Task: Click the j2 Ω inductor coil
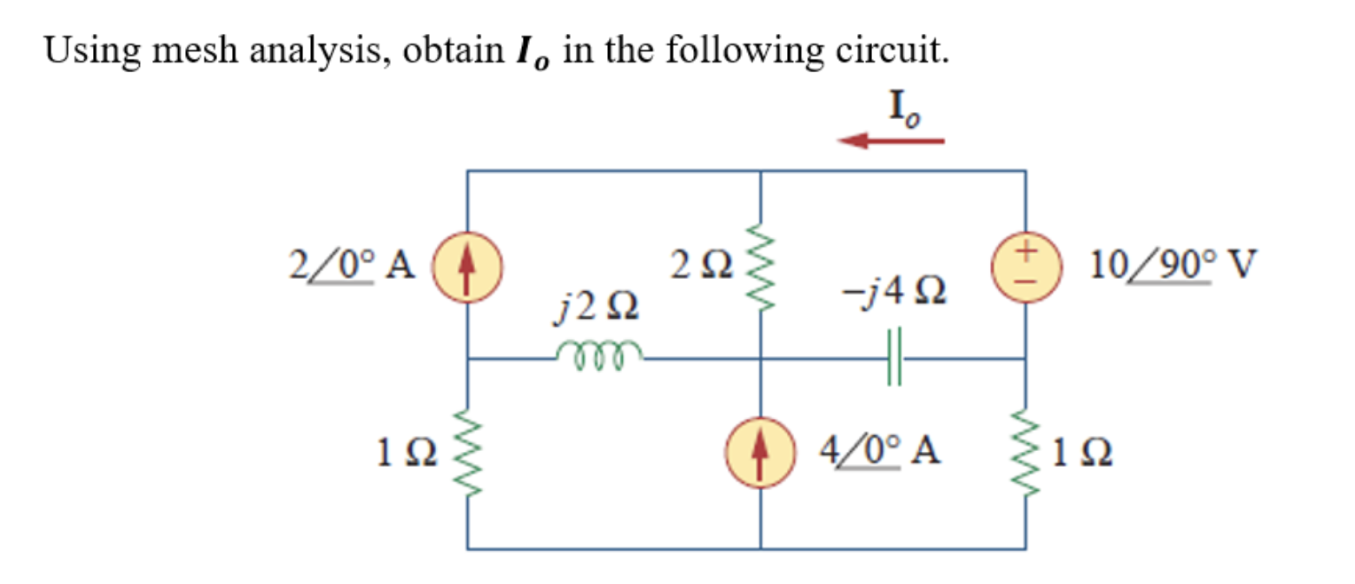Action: [598, 353]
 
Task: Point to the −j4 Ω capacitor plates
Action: [896, 357]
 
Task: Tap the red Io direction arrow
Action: [891, 140]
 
